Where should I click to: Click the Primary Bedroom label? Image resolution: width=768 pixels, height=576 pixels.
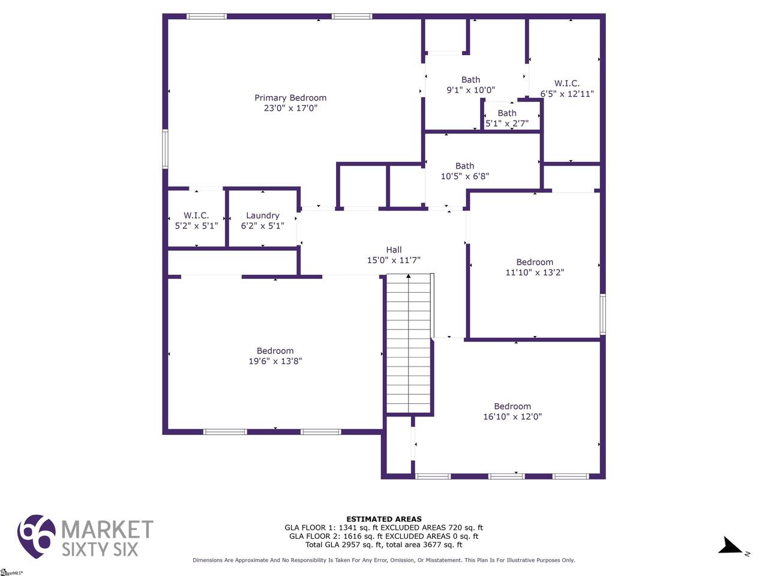290,98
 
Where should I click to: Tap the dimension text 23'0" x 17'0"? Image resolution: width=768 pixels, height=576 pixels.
290,108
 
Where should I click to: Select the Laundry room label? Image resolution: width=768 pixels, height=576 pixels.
262,216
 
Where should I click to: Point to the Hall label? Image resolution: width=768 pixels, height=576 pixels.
394,250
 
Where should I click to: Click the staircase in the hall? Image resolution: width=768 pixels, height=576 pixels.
409,343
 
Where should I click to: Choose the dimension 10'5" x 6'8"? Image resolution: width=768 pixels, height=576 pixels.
464,176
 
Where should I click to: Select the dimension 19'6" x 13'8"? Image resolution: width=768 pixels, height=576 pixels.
275,361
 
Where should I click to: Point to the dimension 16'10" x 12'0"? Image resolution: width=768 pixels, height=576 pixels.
512,416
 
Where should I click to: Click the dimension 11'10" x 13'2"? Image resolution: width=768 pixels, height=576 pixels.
535,272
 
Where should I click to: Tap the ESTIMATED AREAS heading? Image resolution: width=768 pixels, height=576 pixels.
384,519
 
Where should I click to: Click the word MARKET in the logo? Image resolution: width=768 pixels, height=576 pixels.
107,529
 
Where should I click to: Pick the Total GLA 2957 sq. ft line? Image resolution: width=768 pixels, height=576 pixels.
384,545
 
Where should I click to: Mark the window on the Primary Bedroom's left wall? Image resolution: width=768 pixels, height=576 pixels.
165,149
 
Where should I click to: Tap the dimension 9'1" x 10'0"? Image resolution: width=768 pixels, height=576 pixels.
470,90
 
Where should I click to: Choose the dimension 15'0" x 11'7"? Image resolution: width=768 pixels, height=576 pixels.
394,260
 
